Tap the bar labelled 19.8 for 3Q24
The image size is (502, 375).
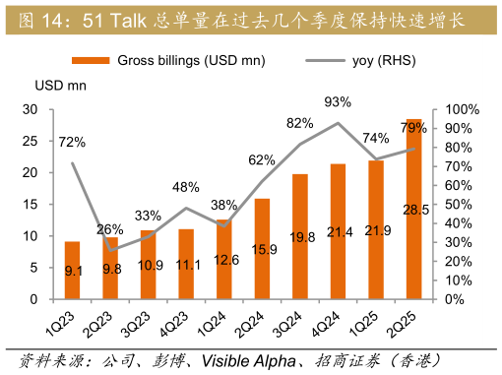pos(300,236)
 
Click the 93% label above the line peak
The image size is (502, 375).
pos(338,101)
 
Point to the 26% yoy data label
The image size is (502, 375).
pos(110,229)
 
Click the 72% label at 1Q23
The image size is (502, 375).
pos(72,143)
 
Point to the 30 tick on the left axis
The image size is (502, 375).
pos(31,109)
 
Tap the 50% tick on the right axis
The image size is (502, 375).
pos(458,204)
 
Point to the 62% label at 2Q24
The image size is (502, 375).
pos(262,160)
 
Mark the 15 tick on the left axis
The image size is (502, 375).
pos(31,204)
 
